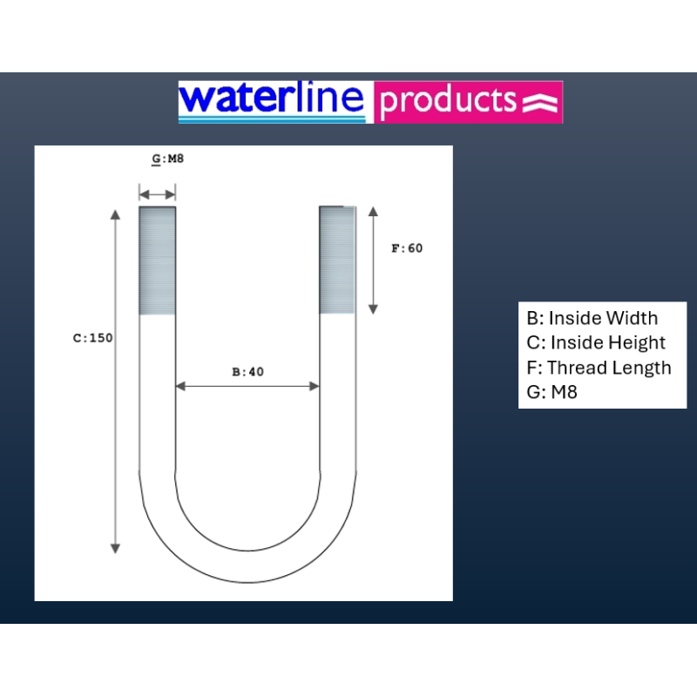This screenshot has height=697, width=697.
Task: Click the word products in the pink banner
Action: click(448, 101)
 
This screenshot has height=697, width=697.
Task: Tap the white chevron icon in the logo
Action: click(539, 103)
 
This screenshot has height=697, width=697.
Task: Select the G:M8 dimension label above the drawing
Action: click(167, 159)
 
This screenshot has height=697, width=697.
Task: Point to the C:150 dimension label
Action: click(93, 338)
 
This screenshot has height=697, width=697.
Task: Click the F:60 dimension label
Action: click(407, 248)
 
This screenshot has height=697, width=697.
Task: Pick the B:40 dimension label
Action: click(248, 372)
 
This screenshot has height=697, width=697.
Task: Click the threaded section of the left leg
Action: click(158, 261)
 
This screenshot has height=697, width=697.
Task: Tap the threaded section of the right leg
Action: click(337, 260)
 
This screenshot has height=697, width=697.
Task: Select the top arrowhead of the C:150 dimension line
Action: click(115, 214)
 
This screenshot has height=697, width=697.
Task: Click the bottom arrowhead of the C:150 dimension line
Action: click(115, 549)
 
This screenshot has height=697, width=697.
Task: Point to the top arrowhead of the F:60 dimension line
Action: click(374, 212)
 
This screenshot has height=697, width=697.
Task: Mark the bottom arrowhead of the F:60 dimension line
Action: click(374, 309)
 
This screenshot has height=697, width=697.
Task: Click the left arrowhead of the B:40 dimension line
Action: click(180, 386)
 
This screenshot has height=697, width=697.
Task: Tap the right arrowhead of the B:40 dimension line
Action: click(315, 386)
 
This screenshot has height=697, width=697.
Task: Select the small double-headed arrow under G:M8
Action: click(158, 194)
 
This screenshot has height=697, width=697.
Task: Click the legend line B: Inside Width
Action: click(592, 318)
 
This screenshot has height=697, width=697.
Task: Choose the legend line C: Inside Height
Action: click(596, 342)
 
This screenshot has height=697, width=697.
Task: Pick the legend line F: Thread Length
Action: click(599, 368)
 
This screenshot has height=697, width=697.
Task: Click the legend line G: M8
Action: click(552, 392)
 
